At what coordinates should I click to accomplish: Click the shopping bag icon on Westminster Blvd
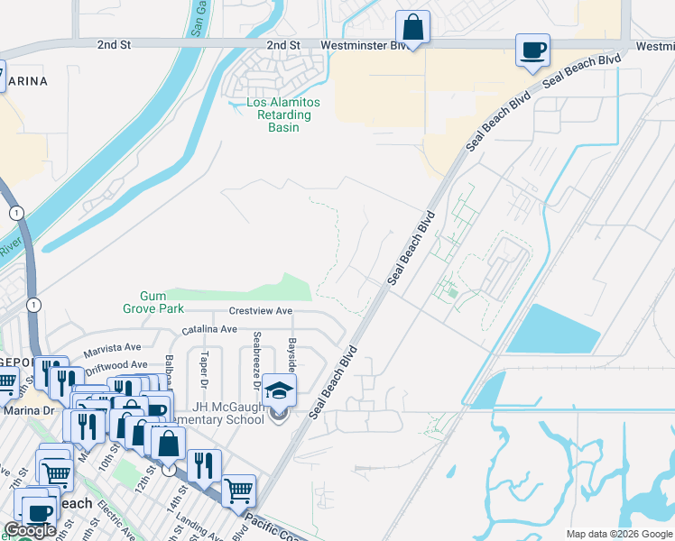coord(412,27)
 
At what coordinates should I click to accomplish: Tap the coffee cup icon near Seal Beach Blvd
coord(532,50)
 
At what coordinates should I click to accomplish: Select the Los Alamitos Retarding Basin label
coord(279,115)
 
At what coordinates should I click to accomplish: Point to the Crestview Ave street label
coord(261,310)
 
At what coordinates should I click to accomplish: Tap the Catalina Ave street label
coord(209,330)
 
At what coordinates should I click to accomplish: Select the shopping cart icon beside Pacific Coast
coord(239,491)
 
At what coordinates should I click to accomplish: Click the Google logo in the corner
coord(30,530)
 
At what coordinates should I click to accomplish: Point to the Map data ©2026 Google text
coord(618,534)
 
